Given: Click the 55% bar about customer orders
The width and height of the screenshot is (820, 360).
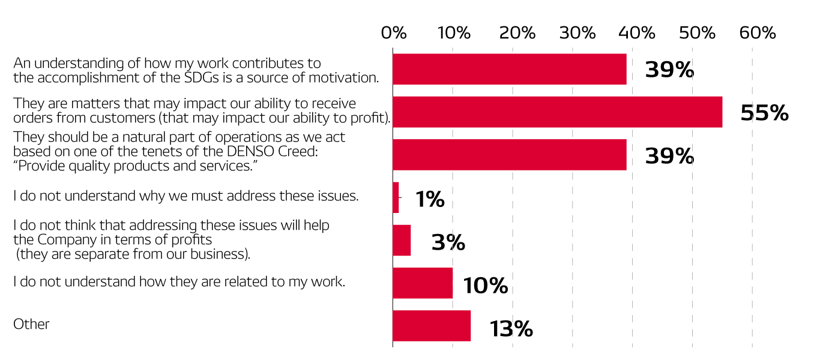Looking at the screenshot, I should (557, 112).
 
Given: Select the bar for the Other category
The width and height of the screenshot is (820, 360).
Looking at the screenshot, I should (432, 326).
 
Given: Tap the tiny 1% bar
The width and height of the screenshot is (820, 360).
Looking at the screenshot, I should (396, 197).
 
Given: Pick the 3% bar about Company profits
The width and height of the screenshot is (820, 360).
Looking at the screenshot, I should (402, 240).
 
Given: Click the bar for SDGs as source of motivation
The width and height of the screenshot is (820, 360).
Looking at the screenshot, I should (509, 69).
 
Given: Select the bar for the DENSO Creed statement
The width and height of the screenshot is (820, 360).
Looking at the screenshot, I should (509, 155).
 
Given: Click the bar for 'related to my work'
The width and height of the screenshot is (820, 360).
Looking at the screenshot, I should (423, 283).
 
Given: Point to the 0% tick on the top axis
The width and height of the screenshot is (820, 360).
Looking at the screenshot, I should (394, 33).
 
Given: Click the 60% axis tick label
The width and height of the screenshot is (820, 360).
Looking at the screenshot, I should (758, 33).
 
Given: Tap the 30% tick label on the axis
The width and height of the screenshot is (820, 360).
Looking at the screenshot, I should (577, 33).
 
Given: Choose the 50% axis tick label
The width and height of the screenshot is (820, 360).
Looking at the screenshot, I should (698, 33).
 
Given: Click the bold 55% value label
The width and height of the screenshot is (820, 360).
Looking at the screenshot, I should (764, 113).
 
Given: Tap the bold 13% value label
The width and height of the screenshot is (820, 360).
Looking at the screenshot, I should (511, 329).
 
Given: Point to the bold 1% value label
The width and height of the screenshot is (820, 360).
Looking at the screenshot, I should (430, 200).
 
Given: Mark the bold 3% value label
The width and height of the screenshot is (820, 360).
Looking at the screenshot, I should (448, 242).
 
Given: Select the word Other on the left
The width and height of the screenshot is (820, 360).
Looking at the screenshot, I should (31, 324).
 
